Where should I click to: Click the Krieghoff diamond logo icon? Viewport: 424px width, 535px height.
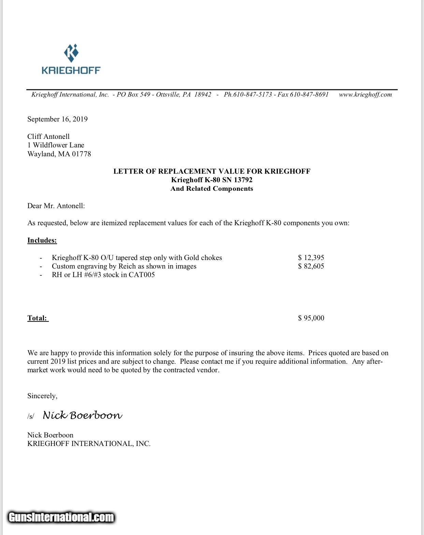71,53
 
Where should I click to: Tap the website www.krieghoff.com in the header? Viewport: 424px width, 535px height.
365,95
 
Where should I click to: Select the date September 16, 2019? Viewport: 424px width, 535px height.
57,119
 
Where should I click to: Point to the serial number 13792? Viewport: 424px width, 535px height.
243,180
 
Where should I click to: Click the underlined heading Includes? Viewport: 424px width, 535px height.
42,240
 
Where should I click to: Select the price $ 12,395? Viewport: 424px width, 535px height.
311,258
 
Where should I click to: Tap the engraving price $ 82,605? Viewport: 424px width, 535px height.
311,266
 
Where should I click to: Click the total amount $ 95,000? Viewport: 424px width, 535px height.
311,318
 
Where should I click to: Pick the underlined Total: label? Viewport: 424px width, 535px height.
38,318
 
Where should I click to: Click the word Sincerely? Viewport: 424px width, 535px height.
42,396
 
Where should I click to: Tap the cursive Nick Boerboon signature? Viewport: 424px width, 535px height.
82,415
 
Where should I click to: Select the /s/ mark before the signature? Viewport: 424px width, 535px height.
31,416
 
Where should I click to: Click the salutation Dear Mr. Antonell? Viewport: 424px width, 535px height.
56,206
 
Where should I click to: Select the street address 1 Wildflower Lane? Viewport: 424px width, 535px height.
56,145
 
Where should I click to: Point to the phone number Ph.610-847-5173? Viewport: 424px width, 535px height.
248,95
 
